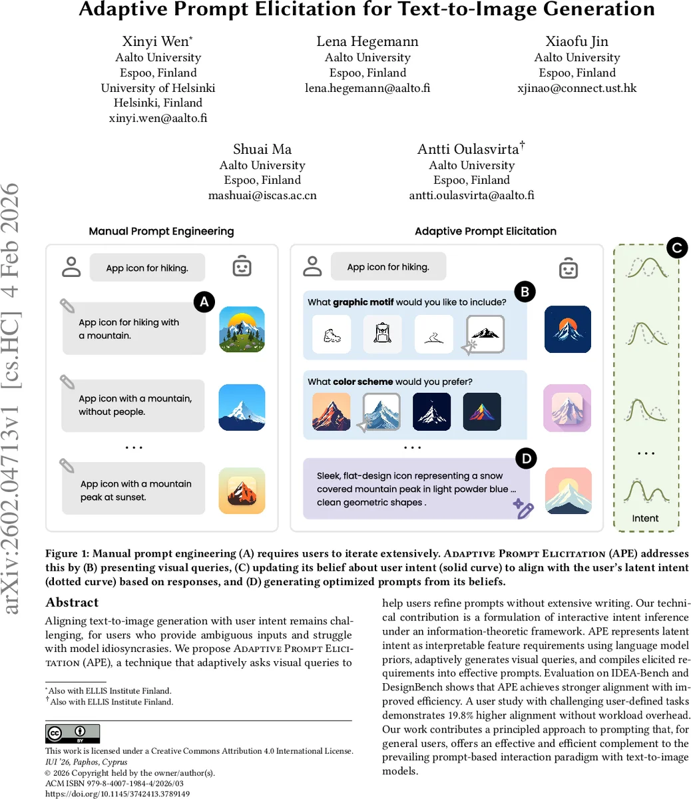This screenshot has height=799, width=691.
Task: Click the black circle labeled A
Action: [204, 302]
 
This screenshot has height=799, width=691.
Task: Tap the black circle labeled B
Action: [525, 291]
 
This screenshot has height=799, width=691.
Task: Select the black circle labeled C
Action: [676, 248]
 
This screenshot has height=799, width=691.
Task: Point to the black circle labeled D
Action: [526, 458]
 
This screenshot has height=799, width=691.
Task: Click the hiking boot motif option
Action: [332, 334]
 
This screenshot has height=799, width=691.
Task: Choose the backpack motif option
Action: [382, 334]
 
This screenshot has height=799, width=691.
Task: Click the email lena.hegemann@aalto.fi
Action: [367, 88]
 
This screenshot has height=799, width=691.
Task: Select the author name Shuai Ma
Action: [262, 149]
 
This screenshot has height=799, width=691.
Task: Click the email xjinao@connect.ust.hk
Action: [576, 88]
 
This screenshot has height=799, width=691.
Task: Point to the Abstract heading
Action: [72, 603]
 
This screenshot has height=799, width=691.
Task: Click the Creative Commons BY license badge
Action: [73, 734]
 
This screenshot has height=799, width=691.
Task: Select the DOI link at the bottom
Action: [117, 794]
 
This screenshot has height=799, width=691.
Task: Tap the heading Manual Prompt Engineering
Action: [161, 232]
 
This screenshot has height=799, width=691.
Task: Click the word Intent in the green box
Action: [645, 518]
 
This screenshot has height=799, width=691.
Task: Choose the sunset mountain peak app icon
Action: [242, 491]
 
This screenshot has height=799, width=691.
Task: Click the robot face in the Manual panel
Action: [242, 267]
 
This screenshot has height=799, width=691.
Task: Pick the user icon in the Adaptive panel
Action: [312, 266]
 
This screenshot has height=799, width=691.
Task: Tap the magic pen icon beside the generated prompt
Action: [523, 509]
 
